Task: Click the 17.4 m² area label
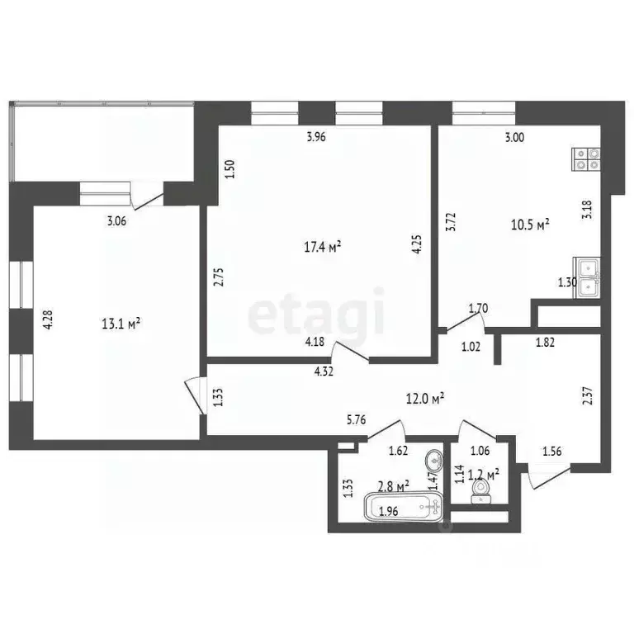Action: (324, 245)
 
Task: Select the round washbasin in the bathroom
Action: (433, 461)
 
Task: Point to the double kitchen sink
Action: (588, 276)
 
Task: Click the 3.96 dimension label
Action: (316, 138)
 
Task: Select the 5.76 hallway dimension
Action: (356, 419)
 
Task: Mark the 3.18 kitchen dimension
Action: (587, 209)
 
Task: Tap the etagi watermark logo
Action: (317, 311)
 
